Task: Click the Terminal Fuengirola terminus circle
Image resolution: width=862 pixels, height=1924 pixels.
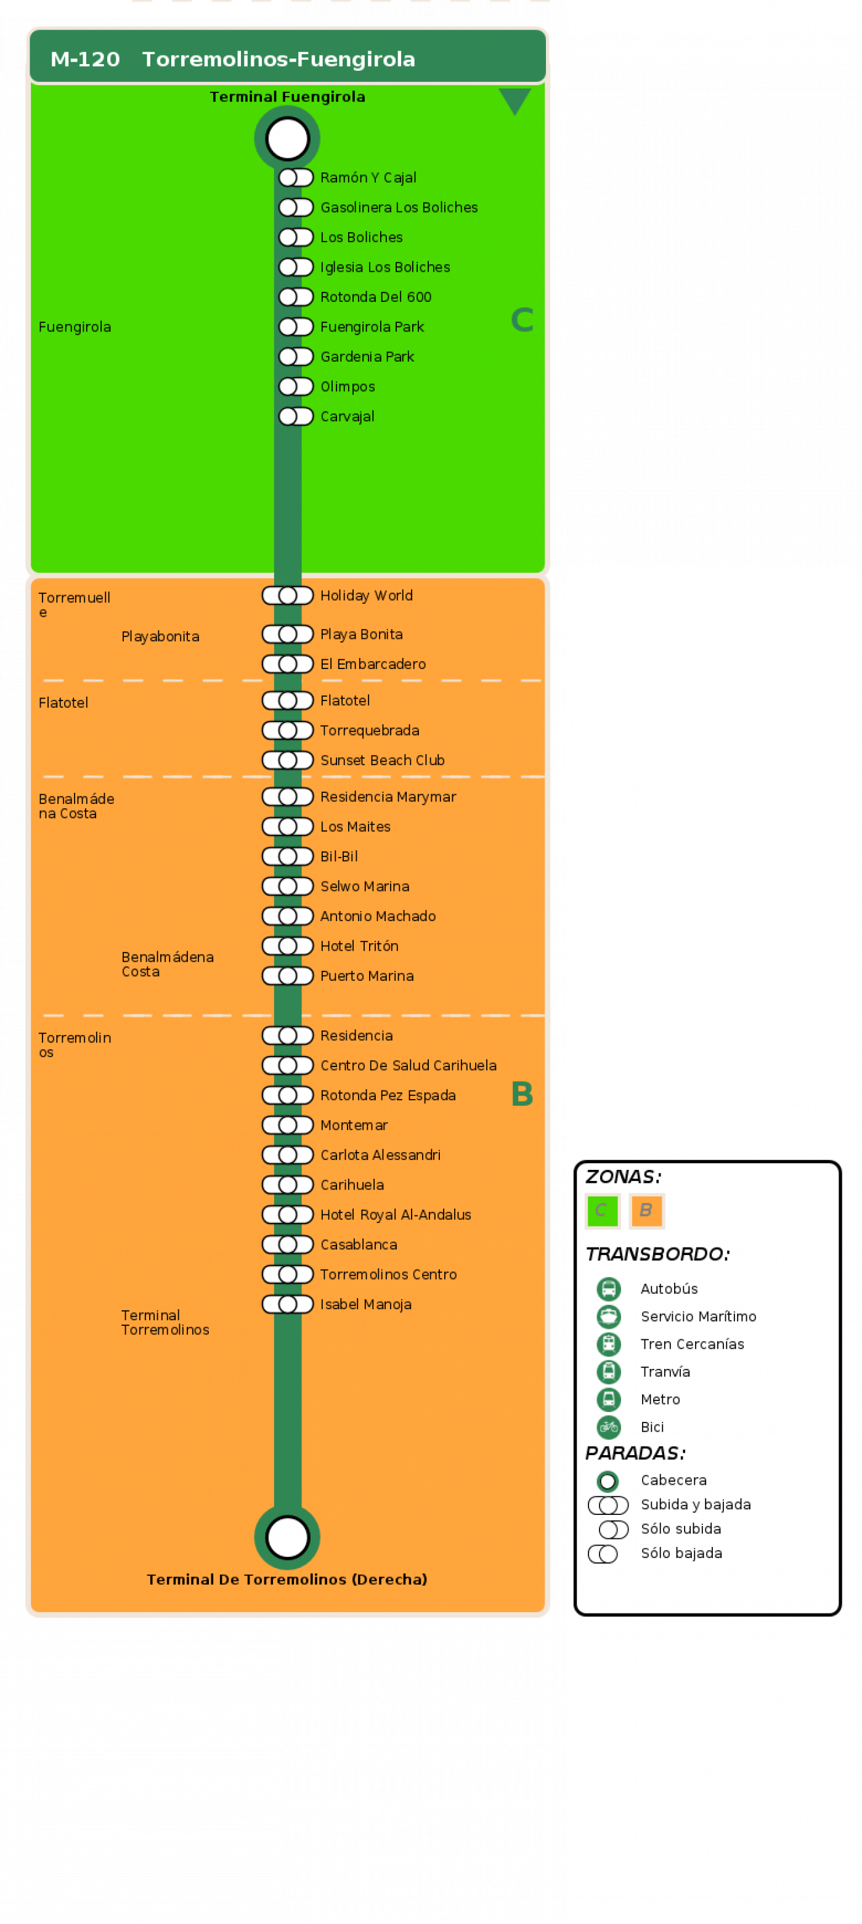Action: (x=288, y=139)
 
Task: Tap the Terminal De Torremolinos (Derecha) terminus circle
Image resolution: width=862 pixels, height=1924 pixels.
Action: (x=288, y=1537)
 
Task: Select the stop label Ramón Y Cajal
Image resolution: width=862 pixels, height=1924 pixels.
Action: (x=368, y=178)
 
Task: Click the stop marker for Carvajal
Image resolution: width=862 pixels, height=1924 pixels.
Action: (x=296, y=416)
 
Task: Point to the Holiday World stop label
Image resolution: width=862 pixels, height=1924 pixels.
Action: (x=366, y=595)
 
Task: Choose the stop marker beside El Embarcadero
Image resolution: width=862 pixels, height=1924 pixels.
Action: (x=288, y=664)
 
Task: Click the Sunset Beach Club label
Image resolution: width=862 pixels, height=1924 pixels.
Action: (x=383, y=760)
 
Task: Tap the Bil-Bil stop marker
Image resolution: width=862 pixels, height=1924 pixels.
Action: (x=288, y=857)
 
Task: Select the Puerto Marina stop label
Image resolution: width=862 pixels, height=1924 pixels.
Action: (x=367, y=976)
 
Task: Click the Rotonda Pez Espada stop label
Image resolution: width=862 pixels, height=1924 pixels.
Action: (x=388, y=1096)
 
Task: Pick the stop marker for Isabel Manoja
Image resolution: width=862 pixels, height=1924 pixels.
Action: (x=288, y=1304)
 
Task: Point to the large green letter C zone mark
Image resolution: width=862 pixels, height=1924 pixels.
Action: (x=522, y=320)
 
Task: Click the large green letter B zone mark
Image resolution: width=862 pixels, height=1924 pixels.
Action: (x=522, y=1094)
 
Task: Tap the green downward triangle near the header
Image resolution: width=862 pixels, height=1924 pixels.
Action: (x=514, y=100)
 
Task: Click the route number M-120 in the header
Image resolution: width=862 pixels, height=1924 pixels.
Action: (x=85, y=59)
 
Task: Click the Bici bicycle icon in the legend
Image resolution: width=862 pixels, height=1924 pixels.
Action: (x=609, y=1427)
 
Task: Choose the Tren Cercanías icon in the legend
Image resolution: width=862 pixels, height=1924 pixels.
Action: (x=609, y=1344)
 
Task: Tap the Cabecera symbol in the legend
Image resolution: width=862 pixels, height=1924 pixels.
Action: (x=608, y=1480)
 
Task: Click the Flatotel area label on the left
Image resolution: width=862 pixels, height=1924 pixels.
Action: (x=63, y=703)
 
